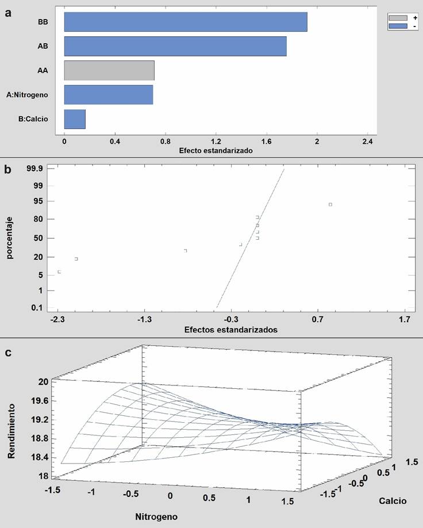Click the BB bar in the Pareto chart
tap(185, 22)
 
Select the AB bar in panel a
tap(175, 46)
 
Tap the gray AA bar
tap(109, 70)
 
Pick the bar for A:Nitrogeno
tap(108, 94)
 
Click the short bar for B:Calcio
tap(75, 118)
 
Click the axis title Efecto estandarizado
tap(216, 150)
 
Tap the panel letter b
tap(7, 170)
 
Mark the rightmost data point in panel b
tap(330, 204)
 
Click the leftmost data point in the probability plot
tap(59, 271)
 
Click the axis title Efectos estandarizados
tap(230, 330)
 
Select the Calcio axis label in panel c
tap(393, 500)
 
